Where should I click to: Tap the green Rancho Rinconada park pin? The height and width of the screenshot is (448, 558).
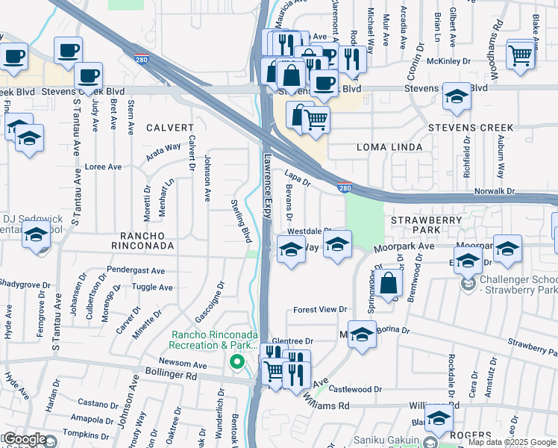(x=237, y=362)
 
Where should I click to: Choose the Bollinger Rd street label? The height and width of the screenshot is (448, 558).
(x=172, y=377)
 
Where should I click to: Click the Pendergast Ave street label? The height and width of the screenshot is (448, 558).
(x=137, y=270)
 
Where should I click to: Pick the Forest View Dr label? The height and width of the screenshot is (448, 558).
(x=321, y=309)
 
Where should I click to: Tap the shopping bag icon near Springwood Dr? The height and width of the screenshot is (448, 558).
(x=389, y=284)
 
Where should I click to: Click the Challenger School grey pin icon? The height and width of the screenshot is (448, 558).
(x=468, y=284)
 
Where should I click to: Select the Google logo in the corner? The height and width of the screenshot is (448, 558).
(x=25, y=439)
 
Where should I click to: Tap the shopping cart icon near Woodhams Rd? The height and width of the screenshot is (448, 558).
(x=520, y=54)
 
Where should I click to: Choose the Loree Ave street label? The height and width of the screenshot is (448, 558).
(x=103, y=167)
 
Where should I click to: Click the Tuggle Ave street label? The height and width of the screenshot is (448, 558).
(x=152, y=287)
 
